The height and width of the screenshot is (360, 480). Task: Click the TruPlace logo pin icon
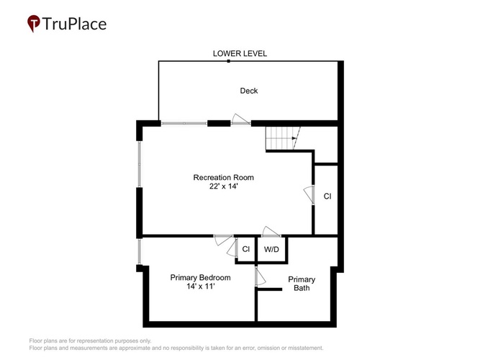(x=34, y=23)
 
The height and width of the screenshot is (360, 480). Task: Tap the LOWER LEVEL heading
(x=240, y=53)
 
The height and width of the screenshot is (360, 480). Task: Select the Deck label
(x=248, y=91)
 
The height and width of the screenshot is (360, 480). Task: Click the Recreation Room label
(x=224, y=177)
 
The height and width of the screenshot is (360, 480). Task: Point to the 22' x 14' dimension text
(x=224, y=186)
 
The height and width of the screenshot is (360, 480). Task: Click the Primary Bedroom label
(x=200, y=278)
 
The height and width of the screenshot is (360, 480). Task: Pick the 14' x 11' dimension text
(x=201, y=286)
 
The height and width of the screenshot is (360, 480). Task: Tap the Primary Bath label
(x=302, y=284)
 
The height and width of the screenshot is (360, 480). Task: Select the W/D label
(x=271, y=249)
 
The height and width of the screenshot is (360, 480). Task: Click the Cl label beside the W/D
(x=246, y=249)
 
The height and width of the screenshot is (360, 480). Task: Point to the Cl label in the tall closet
(x=327, y=196)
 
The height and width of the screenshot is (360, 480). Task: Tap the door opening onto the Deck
(x=240, y=120)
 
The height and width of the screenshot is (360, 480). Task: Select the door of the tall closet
(x=309, y=195)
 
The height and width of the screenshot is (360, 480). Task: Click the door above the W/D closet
(x=271, y=232)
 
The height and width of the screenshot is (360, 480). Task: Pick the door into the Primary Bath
(x=261, y=277)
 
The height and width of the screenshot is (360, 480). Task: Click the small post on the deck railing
(x=228, y=61)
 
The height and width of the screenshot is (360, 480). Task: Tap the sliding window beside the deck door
(x=184, y=123)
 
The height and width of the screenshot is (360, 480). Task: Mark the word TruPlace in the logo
(x=74, y=24)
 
